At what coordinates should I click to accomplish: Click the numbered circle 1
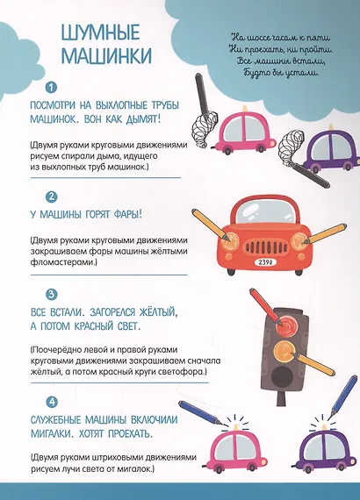[52, 88]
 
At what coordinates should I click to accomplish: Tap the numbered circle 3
[52, 295]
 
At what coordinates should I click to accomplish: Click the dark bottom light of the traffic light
[284, 378]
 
